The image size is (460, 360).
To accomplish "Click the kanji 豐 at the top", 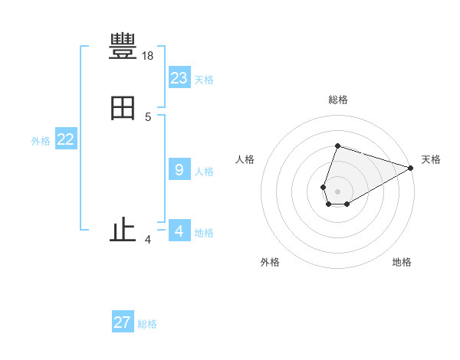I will pos(123,47).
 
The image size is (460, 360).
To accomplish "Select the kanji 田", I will pos(123,108).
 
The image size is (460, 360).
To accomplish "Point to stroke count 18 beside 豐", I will pos(149,56).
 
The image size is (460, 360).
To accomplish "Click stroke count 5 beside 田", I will pos(148,117).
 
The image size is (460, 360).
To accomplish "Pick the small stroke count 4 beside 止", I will pos(148,241).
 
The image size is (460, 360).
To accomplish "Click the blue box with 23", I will pos(179,77).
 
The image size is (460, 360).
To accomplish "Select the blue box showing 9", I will pos(179,169).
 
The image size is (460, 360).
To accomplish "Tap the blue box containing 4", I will pos(179,231).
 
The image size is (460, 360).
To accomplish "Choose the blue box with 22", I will pos(66,139).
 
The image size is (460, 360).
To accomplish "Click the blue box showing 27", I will pos(123,322).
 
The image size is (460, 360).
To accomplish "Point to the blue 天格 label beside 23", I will pos(204,80).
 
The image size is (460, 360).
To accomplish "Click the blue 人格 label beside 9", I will pos(204,172).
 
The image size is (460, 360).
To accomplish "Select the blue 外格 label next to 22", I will pos(41,141).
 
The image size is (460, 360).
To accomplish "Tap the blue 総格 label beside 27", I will pos(147,325).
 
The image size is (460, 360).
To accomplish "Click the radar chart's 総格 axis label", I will pos(338,100).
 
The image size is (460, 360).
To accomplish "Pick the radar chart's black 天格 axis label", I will pos(431,159).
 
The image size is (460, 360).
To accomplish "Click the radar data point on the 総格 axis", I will pos(337,146).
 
